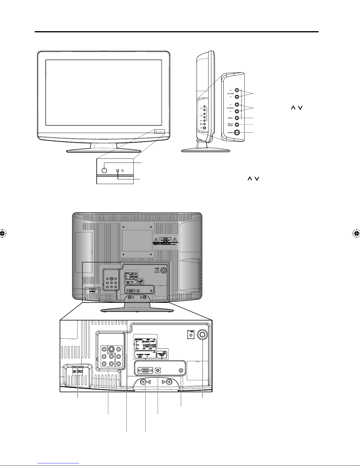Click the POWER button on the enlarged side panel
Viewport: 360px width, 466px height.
point(237,132)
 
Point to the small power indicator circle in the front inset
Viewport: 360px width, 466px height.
point(118,171)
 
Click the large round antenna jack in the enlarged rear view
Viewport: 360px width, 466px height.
point(202,335)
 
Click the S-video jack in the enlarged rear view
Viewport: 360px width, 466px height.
point(111,350)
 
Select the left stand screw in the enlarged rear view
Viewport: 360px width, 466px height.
point(143,382)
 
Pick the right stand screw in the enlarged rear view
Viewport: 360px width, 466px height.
point(169,382)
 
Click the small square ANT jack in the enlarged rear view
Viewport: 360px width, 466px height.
point(191,335)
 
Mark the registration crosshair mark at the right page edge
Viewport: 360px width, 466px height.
point(356,234)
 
